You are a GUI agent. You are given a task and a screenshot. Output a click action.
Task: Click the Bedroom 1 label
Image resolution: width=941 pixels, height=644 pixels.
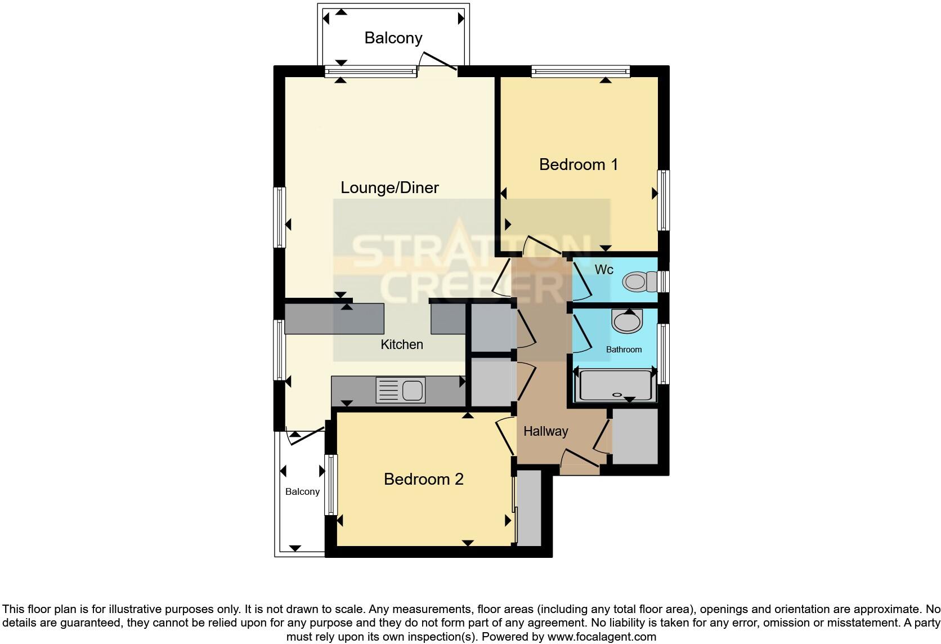578,164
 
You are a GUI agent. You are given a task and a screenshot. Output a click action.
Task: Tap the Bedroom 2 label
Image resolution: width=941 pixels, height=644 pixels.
423,479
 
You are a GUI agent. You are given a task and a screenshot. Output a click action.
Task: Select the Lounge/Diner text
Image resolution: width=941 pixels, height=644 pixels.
389,187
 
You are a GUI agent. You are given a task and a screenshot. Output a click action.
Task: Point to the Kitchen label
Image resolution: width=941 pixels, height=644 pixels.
401,345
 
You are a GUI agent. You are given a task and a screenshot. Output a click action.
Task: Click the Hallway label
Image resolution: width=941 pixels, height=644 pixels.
545,431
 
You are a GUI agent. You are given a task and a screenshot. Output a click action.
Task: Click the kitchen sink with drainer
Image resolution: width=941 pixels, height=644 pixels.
400,390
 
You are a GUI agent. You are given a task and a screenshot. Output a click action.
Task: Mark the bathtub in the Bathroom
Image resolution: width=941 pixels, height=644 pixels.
615,385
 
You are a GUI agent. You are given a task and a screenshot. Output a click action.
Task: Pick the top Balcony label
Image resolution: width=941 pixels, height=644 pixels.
393,38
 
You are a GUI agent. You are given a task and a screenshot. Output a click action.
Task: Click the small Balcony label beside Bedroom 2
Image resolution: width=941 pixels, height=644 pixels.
302,491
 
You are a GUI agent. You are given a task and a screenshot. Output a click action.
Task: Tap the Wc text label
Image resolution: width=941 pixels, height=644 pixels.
604,270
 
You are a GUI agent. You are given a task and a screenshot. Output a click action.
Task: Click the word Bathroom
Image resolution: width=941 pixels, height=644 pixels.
624,350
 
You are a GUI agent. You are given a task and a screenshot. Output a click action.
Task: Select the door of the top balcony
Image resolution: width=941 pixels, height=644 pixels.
438,61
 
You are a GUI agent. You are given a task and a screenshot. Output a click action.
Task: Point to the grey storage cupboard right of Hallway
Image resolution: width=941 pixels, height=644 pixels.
635,436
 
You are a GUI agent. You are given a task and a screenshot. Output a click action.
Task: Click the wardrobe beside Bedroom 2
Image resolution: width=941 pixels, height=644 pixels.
528,508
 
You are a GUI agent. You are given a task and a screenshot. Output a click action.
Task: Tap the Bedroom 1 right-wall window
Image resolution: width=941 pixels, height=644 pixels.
664,200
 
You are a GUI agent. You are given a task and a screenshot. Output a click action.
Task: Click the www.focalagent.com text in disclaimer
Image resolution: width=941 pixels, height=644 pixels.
601,637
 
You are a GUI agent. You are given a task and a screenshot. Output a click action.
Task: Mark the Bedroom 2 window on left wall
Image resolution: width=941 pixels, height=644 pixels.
330,485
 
